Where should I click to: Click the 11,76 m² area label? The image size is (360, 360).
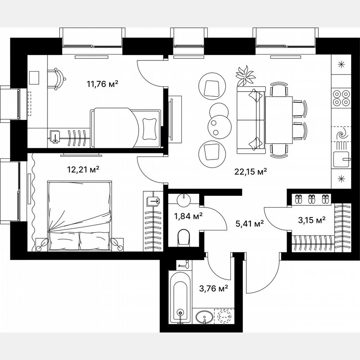click(x=102, y=84)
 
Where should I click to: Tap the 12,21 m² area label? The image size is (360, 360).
click(x=83, y=170)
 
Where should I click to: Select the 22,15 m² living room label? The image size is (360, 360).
click(x=250, y=171)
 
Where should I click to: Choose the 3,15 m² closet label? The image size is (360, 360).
click(x=311, y=220)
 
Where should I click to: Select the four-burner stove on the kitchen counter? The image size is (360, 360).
click(x=341, y=98)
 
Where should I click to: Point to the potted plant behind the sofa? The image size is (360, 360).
click(x=245, y=76)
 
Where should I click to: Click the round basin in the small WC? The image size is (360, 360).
click(x=183, y=200)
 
